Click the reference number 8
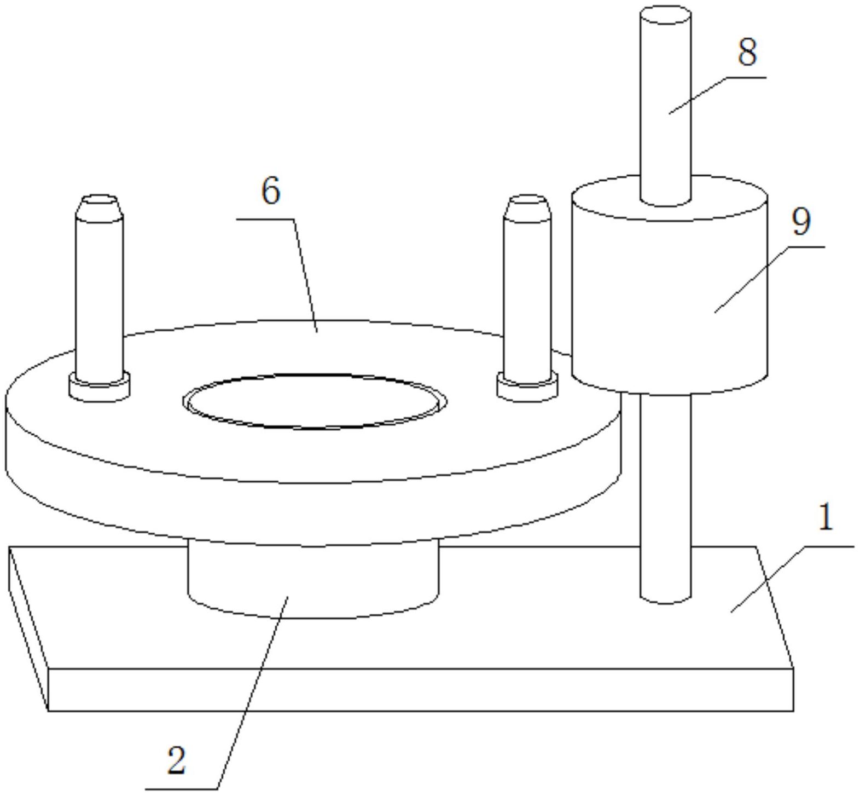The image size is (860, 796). pos(747,53)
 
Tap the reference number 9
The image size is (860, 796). pos(801,222)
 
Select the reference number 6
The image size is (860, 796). pos(271,192)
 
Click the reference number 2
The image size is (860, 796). pos(176,760)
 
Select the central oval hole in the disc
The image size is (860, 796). pos(315,401)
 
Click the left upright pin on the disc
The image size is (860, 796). pos(100,296)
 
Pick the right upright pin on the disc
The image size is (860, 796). pos(527,296)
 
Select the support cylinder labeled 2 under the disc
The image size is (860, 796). pos(313,580)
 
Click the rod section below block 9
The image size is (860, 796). pos(665,493)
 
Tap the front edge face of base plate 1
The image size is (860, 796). pos(421,690)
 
